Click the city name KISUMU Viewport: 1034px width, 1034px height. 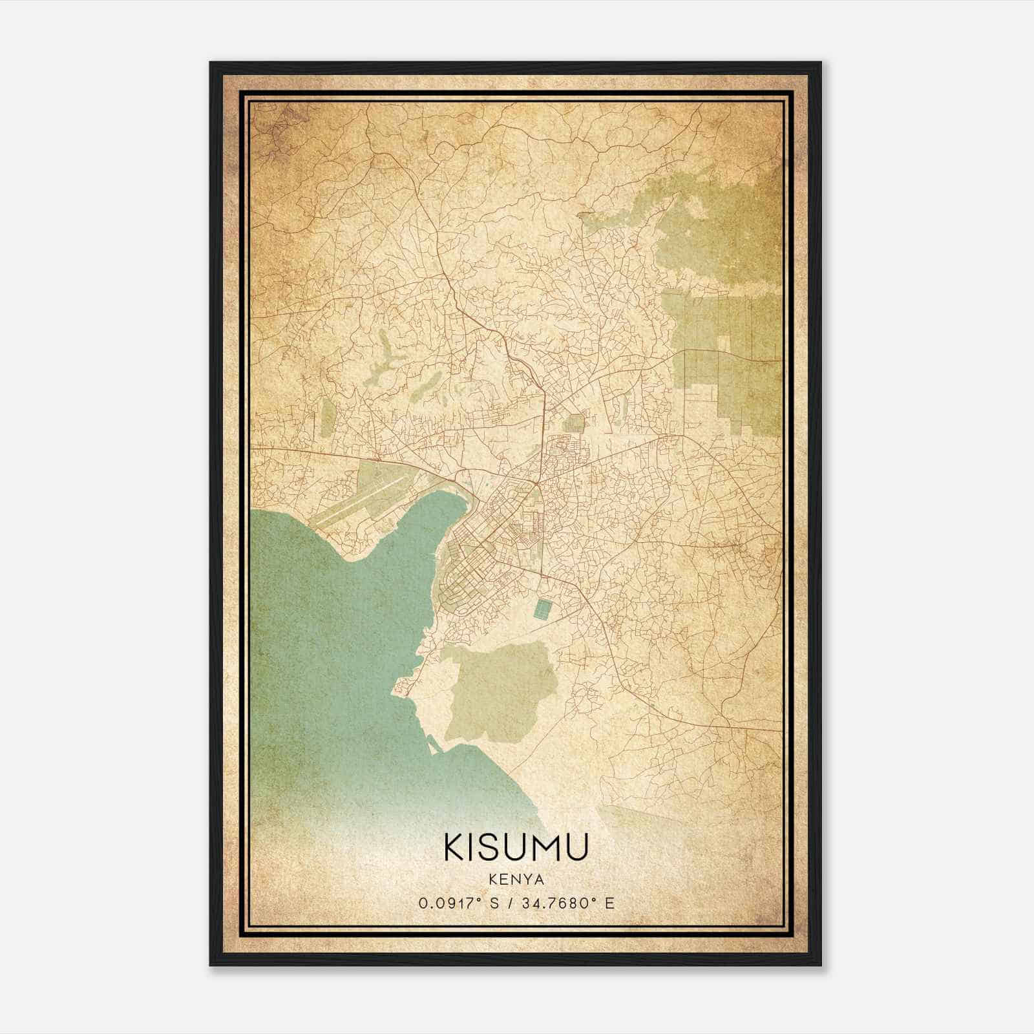click(516, 847)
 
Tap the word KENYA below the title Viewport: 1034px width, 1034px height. click(516, 880)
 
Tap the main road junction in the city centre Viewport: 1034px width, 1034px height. click(536, 481)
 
